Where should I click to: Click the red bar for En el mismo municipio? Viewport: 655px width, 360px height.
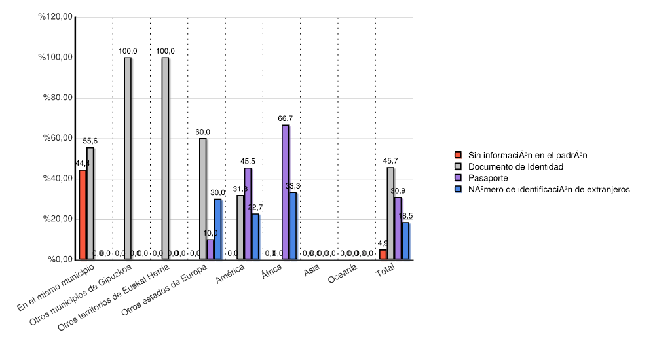tap(83, 215)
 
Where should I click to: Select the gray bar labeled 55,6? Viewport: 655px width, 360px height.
tap(90, 204)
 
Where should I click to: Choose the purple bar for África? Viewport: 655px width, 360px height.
tap(285, 192)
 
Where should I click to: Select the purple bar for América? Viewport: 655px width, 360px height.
tap(248, 213)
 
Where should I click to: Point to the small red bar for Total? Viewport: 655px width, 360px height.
tap(383, 254)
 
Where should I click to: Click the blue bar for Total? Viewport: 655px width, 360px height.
tap(405, 241)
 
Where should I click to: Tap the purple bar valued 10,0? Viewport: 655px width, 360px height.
tap(210, 249)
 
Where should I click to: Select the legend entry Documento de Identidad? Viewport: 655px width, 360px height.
tap(515, 166)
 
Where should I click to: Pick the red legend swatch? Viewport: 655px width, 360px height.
tap(458, 155)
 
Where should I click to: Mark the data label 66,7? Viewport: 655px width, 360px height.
tap(285, 118)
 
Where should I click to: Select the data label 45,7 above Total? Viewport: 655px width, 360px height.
tap(390, 161)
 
